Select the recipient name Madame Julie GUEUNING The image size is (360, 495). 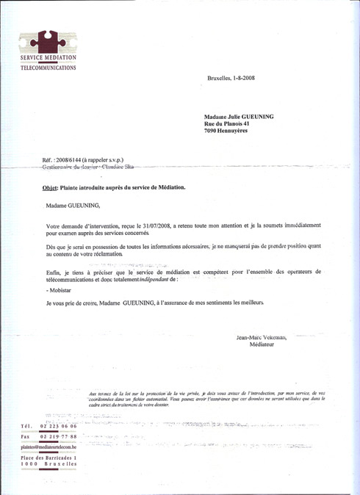(x=241, y=116)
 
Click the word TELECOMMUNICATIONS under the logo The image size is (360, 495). (x=48, y=67)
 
